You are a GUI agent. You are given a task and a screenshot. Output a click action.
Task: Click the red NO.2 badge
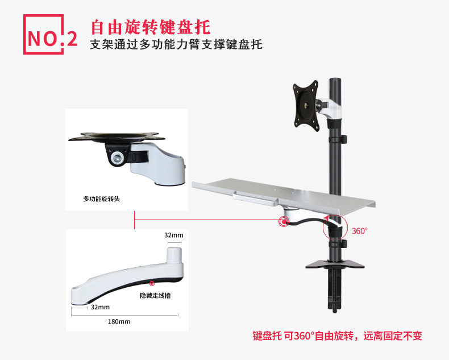[x=49, y=35]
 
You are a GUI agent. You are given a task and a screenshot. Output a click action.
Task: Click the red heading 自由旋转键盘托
[x=150, y=27]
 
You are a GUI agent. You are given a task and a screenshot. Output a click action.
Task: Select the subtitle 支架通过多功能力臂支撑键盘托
[x=176, y=44]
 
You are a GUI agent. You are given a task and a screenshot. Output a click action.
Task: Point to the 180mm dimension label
[x=119, y=321]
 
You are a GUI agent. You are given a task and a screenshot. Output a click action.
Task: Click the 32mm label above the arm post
[x=173, y=235]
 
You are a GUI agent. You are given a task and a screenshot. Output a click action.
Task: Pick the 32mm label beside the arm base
[x=99, y=307]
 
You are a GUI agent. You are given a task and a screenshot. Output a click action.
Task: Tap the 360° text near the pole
[x=360, y=231]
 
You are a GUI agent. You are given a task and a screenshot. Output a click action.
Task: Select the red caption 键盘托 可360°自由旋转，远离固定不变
[x=337, y=336]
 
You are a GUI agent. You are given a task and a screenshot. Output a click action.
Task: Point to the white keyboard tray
[x=284, y=196]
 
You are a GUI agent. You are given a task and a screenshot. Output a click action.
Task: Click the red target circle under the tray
[x=283, y=222]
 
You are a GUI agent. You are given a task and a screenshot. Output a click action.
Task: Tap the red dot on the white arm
[x=151, y=283]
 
